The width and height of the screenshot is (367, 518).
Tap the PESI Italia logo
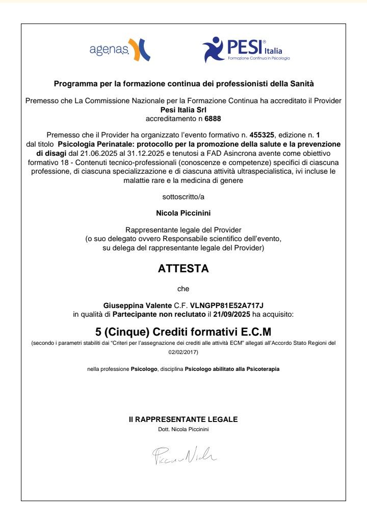point(246,50)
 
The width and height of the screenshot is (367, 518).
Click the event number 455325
point(261,135)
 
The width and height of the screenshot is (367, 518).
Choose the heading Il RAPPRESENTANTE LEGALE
point(183,419)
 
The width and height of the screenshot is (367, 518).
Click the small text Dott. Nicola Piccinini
point(183,429)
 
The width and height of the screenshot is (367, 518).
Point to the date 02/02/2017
point(183,352)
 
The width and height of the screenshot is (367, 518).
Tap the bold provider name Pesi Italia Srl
point(183,109)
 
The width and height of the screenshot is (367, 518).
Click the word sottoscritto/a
point(183,195)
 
